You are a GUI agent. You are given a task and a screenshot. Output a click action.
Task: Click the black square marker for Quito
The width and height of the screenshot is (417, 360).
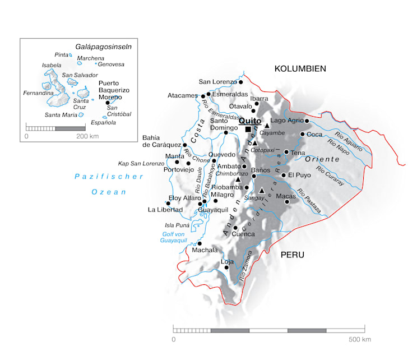248,129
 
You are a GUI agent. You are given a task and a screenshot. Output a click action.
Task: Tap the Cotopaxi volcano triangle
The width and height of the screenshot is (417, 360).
254,144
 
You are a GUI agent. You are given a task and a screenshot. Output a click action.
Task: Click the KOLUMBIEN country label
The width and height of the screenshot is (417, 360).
300,68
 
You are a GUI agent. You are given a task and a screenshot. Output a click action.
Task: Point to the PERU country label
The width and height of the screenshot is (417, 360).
292,255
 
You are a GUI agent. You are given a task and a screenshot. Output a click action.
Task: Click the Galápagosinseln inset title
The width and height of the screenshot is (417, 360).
104,47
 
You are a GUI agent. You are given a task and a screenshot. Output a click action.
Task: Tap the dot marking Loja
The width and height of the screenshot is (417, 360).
226,267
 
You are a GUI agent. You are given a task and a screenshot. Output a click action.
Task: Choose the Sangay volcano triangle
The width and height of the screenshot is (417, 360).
261,191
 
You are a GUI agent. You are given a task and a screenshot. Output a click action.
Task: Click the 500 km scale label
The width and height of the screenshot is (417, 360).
359,340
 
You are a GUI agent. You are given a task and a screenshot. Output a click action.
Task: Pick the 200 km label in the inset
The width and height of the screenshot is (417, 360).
87,136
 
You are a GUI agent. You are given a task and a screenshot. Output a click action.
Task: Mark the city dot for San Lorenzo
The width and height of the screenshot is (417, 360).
241,82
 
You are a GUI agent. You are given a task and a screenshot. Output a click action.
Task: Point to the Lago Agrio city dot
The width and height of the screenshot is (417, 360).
307,121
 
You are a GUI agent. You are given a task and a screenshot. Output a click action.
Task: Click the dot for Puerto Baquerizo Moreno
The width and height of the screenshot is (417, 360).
108,103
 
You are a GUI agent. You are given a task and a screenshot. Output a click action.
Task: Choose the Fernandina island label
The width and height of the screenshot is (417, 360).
38,93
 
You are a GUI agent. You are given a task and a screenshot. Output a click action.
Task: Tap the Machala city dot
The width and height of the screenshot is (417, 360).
199,243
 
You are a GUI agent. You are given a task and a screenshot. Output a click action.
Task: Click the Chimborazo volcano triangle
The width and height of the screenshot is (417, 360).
238,179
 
